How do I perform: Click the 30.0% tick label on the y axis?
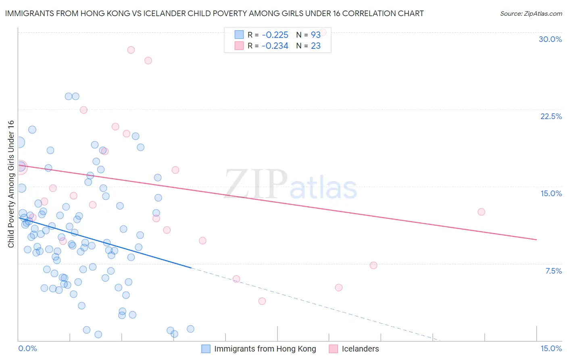click(550, 39)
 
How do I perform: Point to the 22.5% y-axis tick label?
click(551, 116)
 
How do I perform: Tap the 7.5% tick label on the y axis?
click(553, 271)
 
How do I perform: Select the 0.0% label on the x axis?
click(27, 348)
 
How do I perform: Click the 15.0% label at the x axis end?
click(551, 348)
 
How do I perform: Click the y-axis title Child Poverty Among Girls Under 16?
click(11, 184)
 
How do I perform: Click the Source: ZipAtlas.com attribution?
click(531, 14)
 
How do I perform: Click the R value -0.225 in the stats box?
click(275, 35)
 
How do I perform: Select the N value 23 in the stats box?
click(315, 46)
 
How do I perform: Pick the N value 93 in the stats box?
click(315, 35)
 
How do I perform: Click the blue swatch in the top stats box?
click(239, 35)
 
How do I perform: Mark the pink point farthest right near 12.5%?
click(481, 212)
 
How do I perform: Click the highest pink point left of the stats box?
click(131, 50)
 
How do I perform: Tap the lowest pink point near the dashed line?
click(262, 301)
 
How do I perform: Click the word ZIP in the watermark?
click(256, 184)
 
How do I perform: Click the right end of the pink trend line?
click(536, 240)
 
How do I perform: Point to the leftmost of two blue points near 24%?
click(69, 96)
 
